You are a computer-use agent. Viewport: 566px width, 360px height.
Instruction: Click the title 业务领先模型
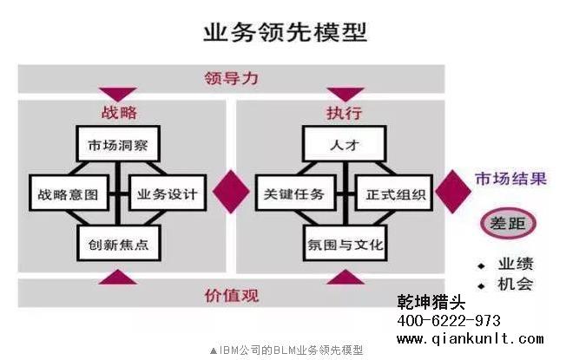pos(285,33)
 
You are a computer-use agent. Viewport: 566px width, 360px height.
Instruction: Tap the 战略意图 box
pos(69,193)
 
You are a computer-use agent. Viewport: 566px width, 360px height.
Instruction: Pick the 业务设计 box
pos(168,193)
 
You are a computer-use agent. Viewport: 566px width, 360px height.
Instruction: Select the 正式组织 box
pos(393,193)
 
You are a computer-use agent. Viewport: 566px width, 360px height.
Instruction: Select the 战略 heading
pos(119,113)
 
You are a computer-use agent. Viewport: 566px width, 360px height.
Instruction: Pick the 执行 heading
pos(344,113)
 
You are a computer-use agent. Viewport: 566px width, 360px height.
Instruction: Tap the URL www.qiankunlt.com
pos(471,339)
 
